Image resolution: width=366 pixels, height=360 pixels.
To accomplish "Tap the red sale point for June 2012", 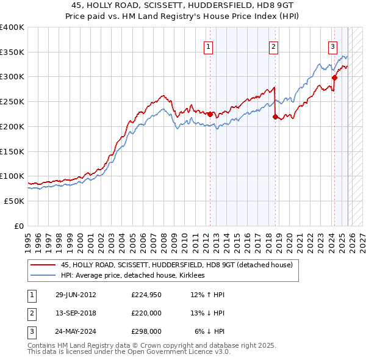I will click(210, 114).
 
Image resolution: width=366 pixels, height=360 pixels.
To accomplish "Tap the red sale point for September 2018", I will click(275, 117).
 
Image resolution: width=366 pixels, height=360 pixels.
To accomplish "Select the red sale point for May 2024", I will click(334, 77).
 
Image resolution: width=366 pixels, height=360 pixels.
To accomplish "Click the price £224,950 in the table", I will click(146, 295).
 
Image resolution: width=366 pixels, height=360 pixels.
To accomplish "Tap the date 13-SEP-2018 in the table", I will click(76, 313).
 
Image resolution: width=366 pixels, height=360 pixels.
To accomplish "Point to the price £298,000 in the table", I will click(146, 331).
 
